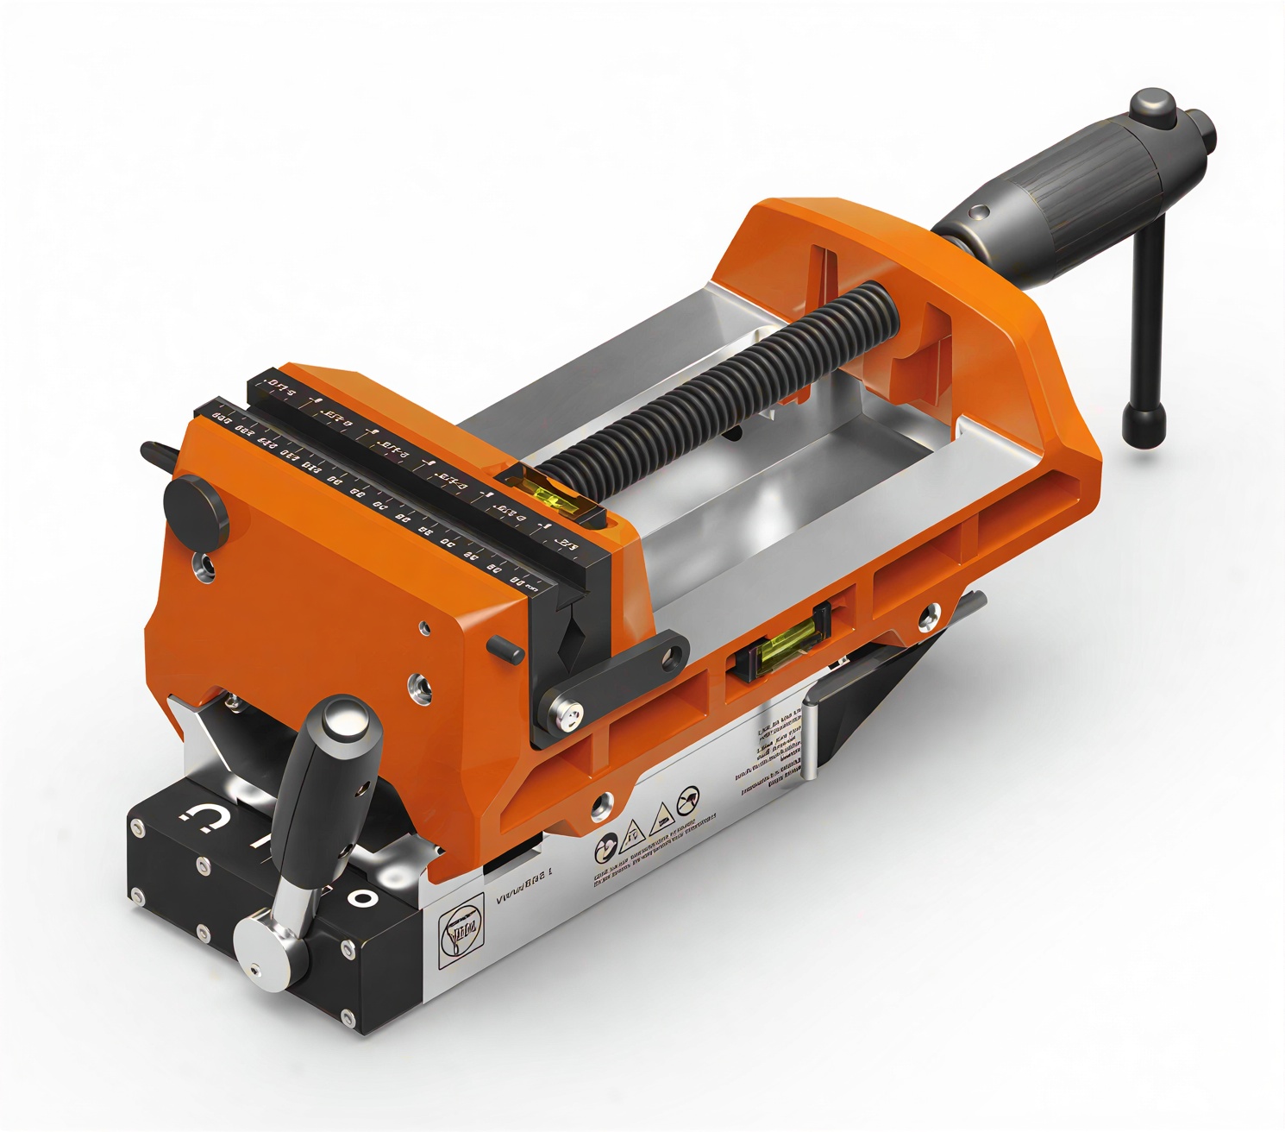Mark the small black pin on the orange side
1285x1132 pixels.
coord(505,647)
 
